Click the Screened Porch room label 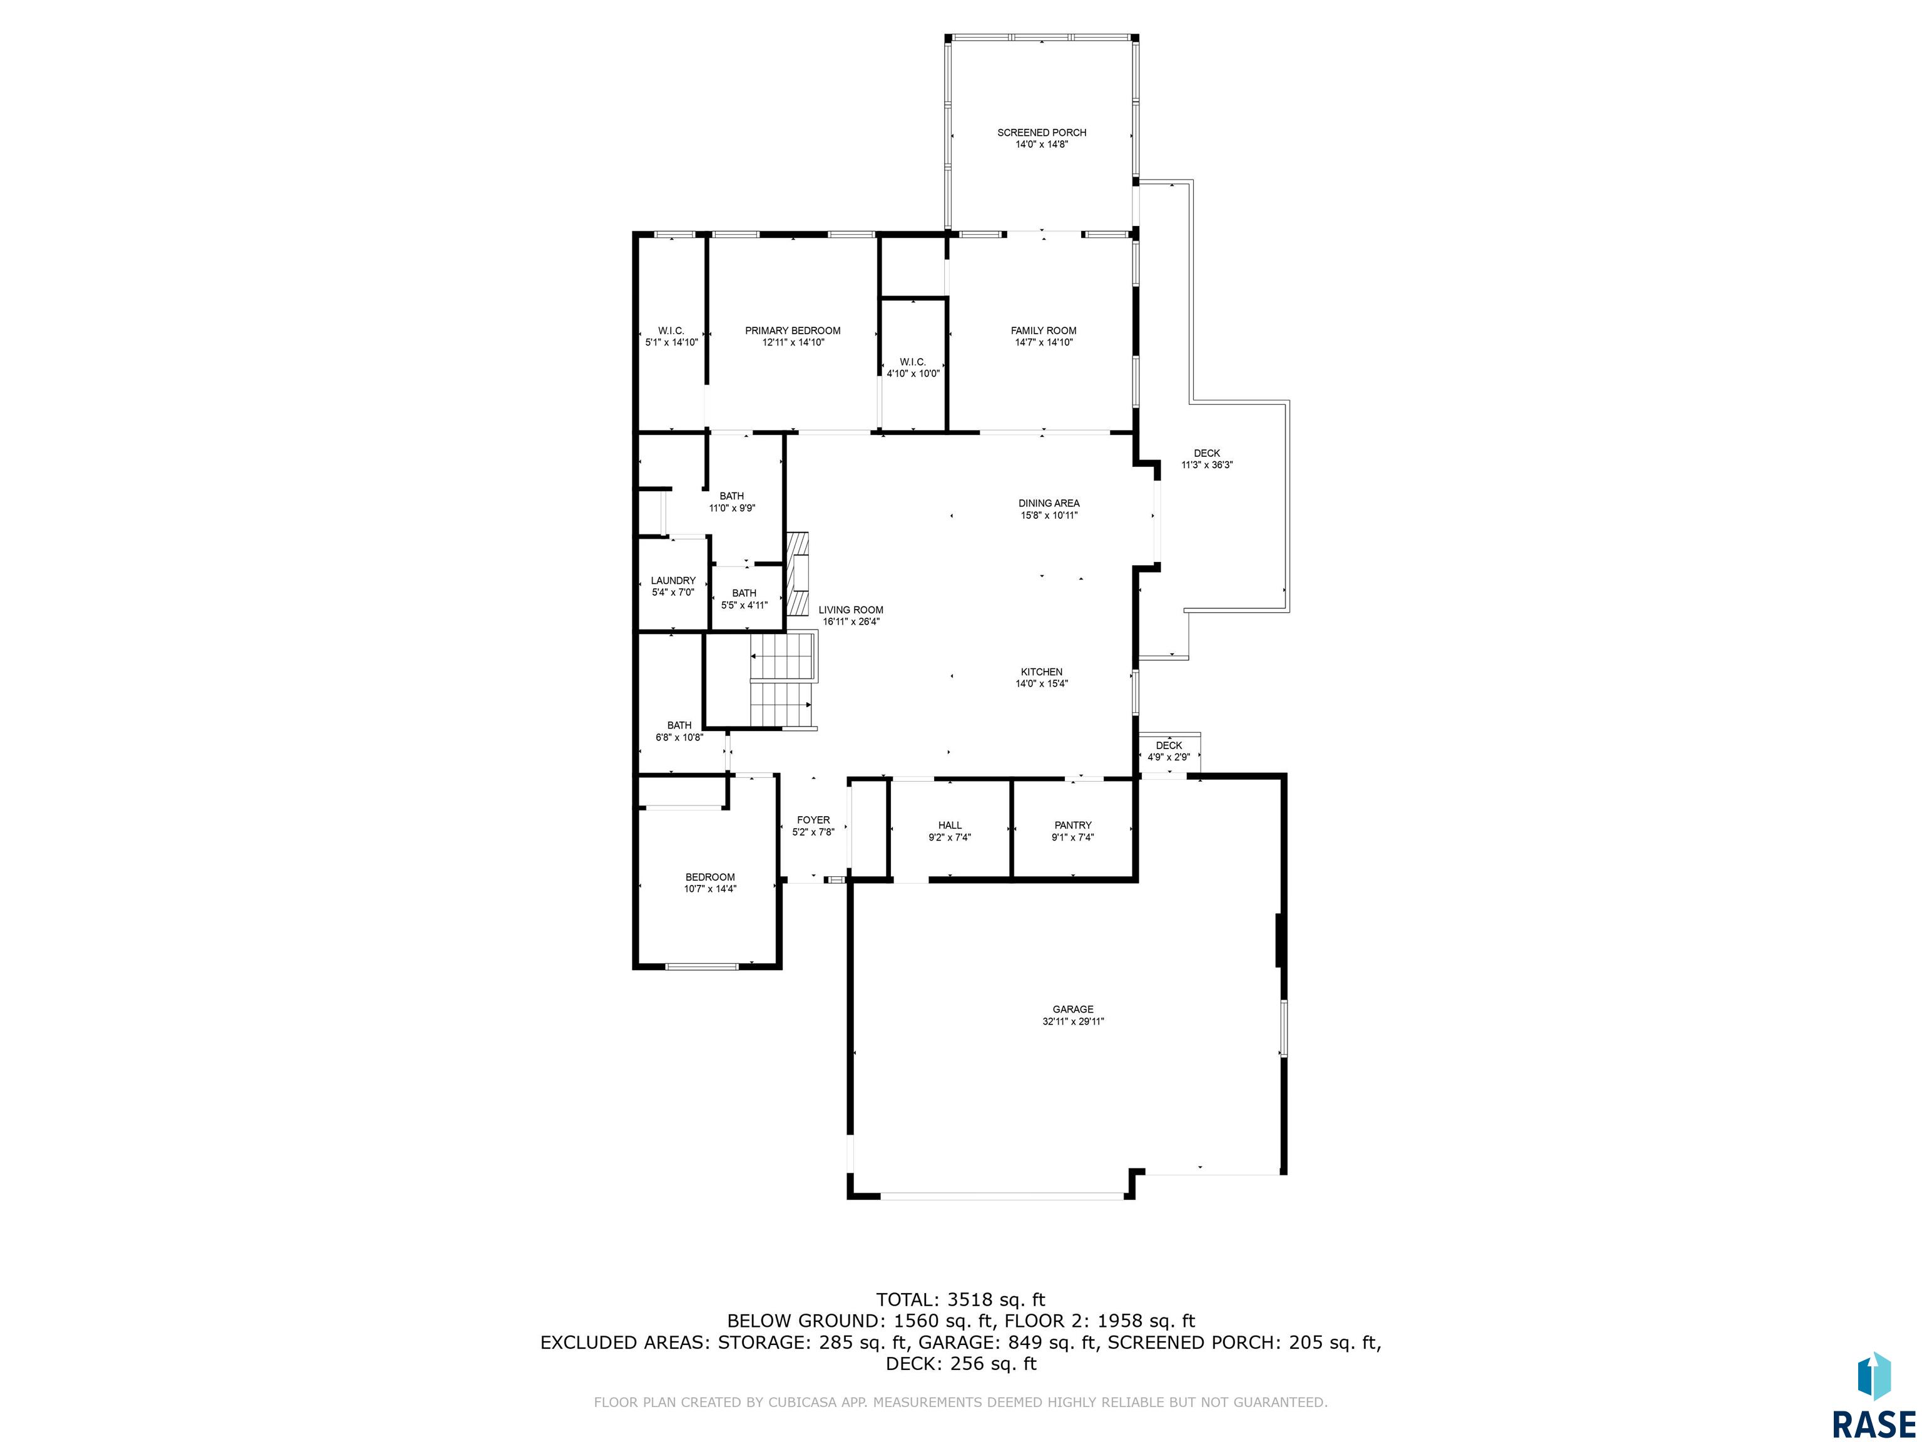(1041, 133)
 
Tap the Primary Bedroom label (793, 330)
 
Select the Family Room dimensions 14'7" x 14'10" (1044, 342)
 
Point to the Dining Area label (1049, 503)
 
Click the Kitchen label (1041, 672)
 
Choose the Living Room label (851, 610)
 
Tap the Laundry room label (673, 581)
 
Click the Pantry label (1073, 826)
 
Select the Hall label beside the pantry (950, 826)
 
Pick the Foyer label (813, 820)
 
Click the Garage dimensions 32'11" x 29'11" (1073, 1022)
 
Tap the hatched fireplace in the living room (798, 575)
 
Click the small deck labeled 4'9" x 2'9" (1169, 752)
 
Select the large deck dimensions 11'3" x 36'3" (1207, 465)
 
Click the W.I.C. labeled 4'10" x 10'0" (912, 367)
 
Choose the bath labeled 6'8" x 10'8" (679, 731)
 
